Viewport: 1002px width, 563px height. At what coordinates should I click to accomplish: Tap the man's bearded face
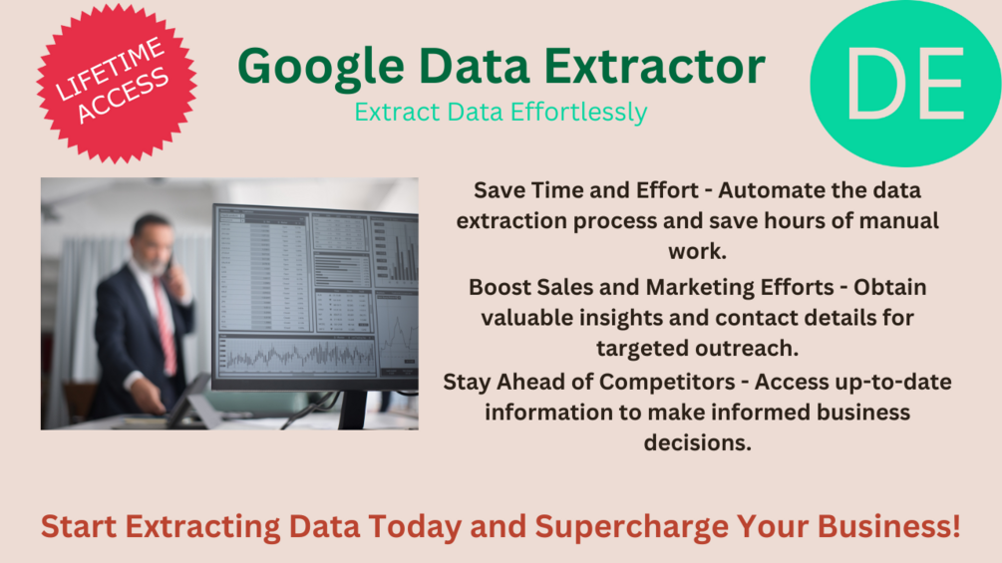tap(152, 245)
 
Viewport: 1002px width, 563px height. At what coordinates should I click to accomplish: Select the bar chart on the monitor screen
tap(402, 254)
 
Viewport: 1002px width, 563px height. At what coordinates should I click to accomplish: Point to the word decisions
tap(697, 442)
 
